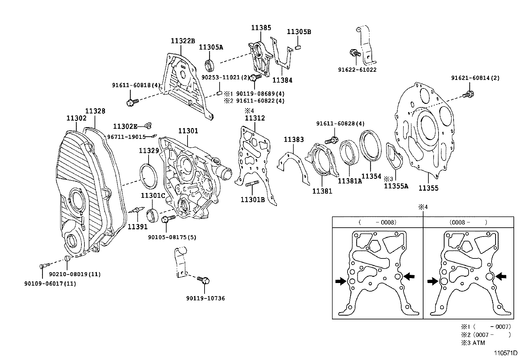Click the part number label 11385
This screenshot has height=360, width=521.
(x=261, y=28)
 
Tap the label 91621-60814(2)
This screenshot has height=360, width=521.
(x=475, y=78)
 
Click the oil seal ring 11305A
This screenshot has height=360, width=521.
(x=210, y=65)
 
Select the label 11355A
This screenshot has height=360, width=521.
(x=396, y=186)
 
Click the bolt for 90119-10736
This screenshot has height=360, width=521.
(x=204, y=280)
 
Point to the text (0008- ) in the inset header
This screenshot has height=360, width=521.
(x=468, y=222)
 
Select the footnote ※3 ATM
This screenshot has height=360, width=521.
(x=473, y=343)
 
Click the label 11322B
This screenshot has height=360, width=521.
(x=183, y=41)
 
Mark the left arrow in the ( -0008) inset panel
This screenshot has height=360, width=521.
(x=341, y=281)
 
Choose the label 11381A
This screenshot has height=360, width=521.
(x=350, y=181)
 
